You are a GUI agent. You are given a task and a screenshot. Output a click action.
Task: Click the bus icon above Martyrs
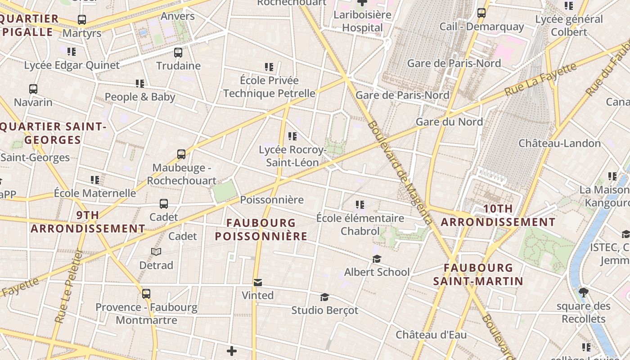[81, 20]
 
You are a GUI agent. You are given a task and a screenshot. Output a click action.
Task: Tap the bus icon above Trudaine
[178, 53]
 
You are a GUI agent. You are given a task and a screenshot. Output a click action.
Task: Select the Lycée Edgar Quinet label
[72, 65]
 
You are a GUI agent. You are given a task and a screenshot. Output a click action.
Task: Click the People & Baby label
[140, 97]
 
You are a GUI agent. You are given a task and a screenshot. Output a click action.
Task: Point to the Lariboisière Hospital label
[362, 21]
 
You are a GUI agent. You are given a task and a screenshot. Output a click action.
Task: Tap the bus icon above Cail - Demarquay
[481, 13]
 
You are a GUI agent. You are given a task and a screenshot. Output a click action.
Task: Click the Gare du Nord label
[449, 121]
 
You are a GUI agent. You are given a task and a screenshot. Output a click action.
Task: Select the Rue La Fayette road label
[540, 80]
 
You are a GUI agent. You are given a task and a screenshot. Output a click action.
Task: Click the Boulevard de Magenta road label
[400, 172]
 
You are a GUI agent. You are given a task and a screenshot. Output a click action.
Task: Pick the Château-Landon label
[559, 143]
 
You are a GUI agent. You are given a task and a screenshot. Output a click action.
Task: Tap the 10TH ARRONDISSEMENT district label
[498, 216]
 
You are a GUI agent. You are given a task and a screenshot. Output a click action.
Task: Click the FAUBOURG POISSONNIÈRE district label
[261, 229]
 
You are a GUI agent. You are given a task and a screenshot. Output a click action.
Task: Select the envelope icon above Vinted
[258, 283]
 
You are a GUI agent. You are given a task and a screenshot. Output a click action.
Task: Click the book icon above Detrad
[156, 252]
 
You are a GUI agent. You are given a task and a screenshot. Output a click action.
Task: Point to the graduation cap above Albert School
[377, 259]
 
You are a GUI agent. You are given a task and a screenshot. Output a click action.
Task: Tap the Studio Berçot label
[324, 310]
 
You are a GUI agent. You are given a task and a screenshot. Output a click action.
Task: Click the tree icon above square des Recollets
[584, 293]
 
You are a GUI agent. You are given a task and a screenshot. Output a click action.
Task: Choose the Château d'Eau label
[431, 335]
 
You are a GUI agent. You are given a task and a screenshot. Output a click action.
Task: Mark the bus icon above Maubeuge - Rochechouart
[181, 154]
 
